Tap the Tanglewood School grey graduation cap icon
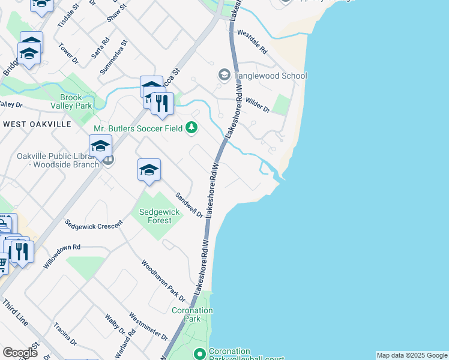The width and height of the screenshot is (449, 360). pyautogui.click(x=224, y=75)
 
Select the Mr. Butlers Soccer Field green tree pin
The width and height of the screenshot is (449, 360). pyautogui.click(x=191, y=127)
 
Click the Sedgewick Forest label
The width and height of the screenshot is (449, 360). pyautogui.click(x=155, y=216)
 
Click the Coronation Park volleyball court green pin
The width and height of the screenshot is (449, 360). pyautogui.click(x=199, y=354)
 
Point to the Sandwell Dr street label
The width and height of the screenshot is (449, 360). pyautogui.click(x=188, y=205)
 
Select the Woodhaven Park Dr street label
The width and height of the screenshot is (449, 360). pyautogui.click(x=163, y=278)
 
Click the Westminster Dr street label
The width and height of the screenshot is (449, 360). pyautogui.click(x=148, y=326)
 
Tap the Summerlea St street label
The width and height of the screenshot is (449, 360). pyautogui.click(x=115, y=57)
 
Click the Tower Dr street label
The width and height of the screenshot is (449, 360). pyautogui.click(x=68, y=53)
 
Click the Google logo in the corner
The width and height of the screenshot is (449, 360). pyautogui.click(x=20, y=353)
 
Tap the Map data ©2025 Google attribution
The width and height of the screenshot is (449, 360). pyautogui.click(x=412, y=355)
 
